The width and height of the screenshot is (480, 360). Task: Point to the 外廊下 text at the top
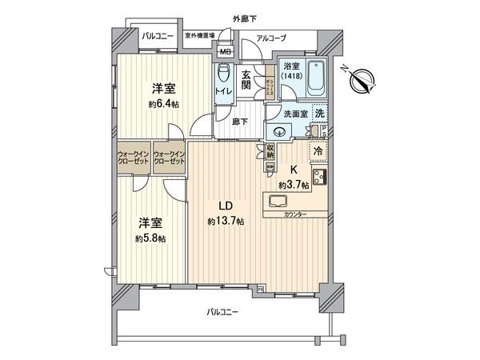(x=244, y=18)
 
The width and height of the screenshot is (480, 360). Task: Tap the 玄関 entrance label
(x=246, y=78)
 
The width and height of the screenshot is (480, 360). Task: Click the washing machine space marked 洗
(x=319, y=114)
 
